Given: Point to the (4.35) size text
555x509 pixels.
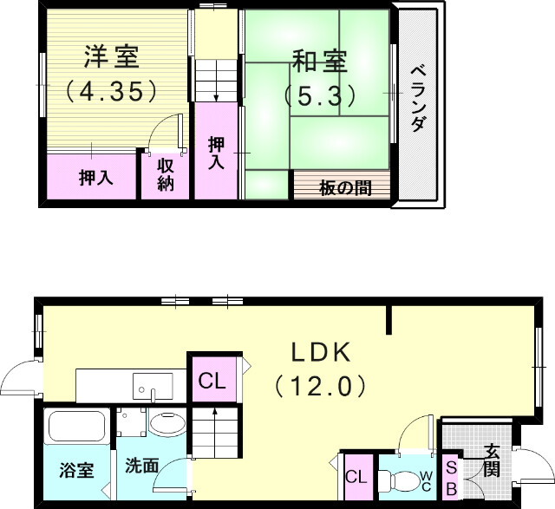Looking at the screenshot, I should [110, 89].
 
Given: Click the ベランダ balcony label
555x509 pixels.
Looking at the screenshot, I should [417, 97].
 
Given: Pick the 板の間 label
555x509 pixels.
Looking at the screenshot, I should [344, 186].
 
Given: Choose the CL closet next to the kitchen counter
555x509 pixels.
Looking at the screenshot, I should [212, 381].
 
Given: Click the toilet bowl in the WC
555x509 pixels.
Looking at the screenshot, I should [400, 480].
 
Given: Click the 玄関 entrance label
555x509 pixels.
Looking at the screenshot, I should [492, 460].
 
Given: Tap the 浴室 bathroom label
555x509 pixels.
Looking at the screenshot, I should [76, 473].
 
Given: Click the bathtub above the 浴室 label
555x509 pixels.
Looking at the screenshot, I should [76, 427].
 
